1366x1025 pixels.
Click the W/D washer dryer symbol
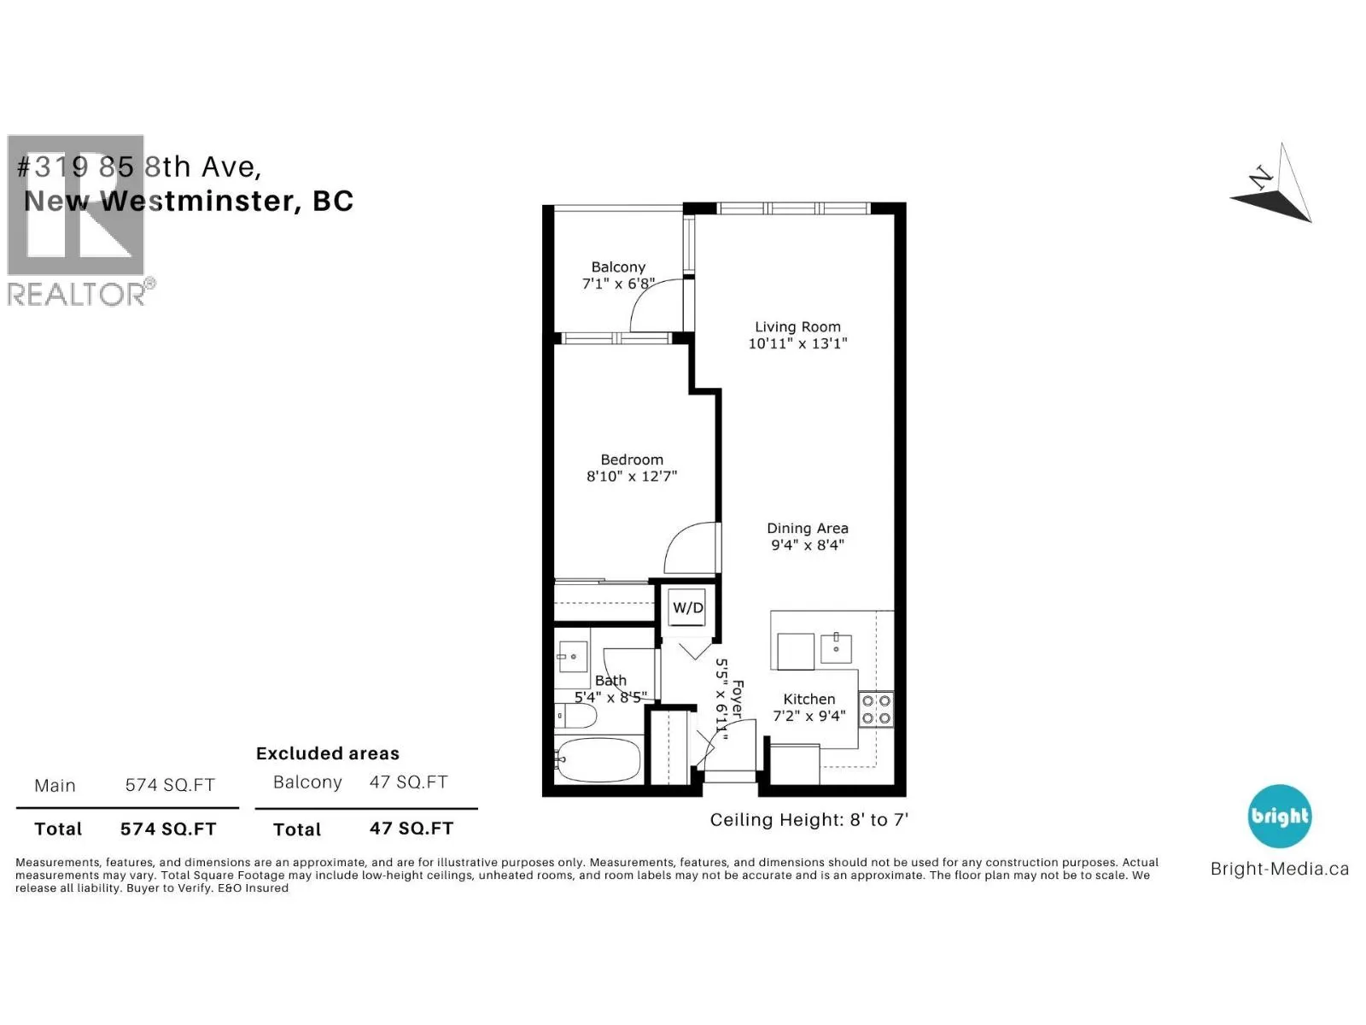[687, 606]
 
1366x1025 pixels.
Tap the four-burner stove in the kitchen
[876, 709]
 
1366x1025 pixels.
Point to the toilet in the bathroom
[575, 716]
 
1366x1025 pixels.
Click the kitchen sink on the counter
[836, 648]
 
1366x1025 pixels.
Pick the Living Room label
[797, 327]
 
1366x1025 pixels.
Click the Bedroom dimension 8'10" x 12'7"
[631, 476]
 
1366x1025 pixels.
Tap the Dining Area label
[807, 529]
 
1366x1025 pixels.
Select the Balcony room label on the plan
[618, 267]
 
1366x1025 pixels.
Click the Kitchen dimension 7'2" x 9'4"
[809, 716]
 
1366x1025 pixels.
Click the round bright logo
[1280, 816]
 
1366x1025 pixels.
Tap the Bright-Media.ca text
[1280, 869]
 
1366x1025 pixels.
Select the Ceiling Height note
[809, 820]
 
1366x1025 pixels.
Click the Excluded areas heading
[327, 753]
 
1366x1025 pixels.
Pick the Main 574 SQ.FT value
[170, 785]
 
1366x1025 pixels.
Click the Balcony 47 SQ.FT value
[408, 782]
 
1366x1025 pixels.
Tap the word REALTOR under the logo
[76, 294]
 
